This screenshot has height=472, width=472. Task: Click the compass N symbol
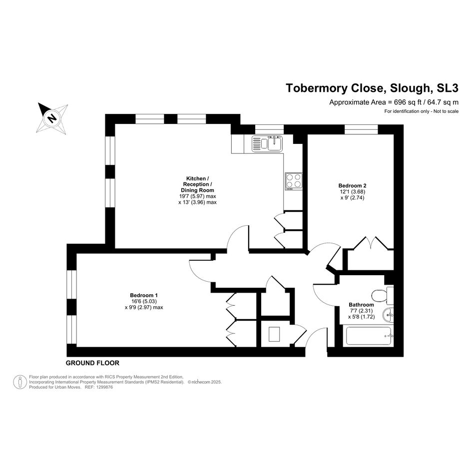[52, 118]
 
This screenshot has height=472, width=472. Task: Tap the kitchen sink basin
[275, 143]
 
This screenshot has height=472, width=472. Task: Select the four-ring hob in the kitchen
[294, 181]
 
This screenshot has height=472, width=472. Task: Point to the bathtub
[369, 336]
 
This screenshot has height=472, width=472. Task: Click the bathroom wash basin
[388, 315]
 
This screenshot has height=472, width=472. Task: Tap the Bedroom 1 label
[143, 295]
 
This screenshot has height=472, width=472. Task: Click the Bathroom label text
[361, 305]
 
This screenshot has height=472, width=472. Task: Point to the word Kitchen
[196, 178]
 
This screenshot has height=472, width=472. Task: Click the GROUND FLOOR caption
[92, 363]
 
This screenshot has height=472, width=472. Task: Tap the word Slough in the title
[410, 88]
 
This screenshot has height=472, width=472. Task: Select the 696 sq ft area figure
[400, 102]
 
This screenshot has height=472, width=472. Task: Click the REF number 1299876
[104, 388]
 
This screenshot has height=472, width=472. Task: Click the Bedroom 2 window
[361, 129]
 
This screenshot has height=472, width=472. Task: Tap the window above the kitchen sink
[269, 129]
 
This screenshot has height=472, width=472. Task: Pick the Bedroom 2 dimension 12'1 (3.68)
[353, 192]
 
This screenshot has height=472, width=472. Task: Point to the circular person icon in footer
[20, 382]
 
